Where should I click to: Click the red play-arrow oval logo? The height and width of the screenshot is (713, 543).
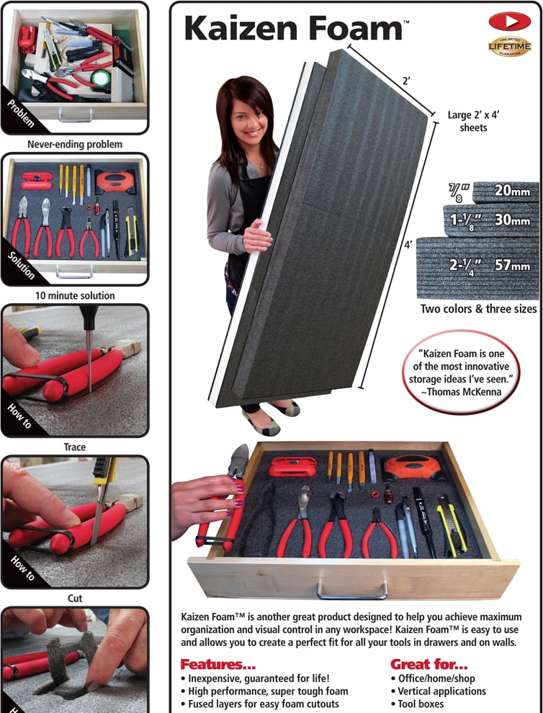(x=509, y=21)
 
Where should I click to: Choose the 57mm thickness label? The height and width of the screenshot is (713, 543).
(x=512, y=265)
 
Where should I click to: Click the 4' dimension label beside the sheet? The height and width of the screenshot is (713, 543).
(x=408, y=245)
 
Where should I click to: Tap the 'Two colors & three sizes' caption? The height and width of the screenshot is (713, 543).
(x=478, y=309)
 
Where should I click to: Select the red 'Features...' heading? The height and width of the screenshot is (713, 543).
(x=217, y=664)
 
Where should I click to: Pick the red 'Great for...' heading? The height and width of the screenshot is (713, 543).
(x=428, y=664)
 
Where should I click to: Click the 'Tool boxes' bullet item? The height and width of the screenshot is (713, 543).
(x=421, y=704)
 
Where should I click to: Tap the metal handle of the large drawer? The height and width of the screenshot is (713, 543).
(x=352, y=590)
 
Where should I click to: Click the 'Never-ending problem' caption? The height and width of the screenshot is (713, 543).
(x=75, y=144)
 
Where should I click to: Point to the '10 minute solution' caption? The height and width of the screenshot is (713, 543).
(x=75, y=295)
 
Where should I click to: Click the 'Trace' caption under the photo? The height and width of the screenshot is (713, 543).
(x=75, y=447)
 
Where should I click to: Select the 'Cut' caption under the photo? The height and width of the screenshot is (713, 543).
(x=75, y=598)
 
